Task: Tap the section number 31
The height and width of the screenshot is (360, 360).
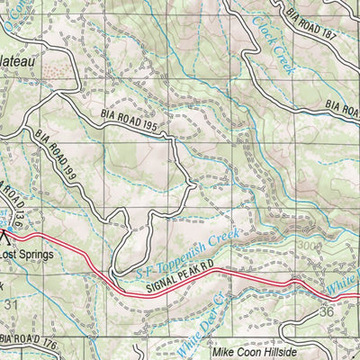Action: click(x=12, y=303)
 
